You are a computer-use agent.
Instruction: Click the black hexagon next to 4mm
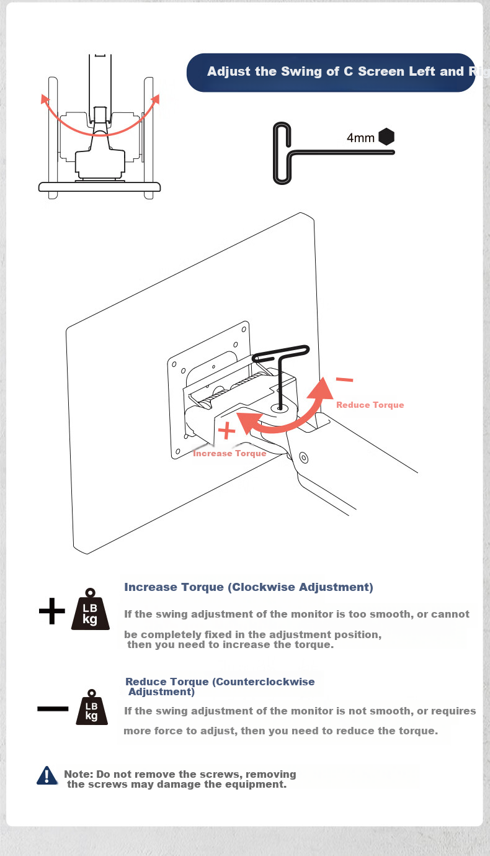click(x=386, y=137)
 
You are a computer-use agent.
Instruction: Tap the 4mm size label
click(x=360, y=138)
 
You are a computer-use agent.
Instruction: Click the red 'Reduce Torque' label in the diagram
click(x=370, y=405)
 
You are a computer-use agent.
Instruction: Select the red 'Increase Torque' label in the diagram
click(x=229, y=453)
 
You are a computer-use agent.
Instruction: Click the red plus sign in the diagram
click(x=226, y=431)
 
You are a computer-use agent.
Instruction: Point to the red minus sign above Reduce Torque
click(x=344, y=379)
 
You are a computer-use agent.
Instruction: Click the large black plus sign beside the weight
click(x=52, y=611)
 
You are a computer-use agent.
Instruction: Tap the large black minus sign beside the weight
click(x=53, y=709)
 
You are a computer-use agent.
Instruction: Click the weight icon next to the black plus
click(x=91, y=609)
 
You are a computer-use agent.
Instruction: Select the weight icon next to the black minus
click(x=92, y=708)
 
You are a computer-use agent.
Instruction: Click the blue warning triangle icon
click(x=47, y=775)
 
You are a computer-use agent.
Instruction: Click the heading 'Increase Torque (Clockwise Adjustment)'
click(x=249, y=587)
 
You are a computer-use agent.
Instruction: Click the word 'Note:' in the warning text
click(x=79, y=774)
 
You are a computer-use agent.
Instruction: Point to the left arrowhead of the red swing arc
click(x=45, y=99)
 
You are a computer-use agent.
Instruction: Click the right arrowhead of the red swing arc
click(x=155, y=99)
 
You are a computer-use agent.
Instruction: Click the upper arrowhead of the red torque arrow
click(x=322, y=389)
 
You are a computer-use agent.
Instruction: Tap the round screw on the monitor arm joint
click(x=304, y=457)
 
